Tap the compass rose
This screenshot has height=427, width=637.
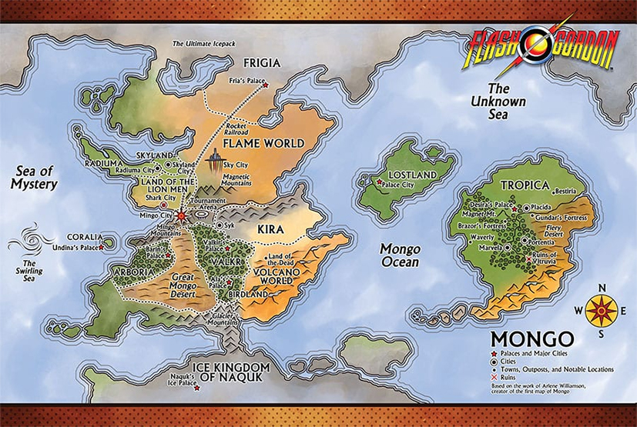pos(602,310)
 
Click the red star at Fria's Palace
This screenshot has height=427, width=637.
pos(266,85)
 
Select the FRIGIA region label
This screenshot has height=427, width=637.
pos(262,63)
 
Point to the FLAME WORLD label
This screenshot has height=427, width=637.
pos(263,143)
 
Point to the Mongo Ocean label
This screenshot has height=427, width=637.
pos(400,255)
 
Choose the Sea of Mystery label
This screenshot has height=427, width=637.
pos(34,177)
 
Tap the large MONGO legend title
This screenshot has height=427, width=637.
pos(532,339)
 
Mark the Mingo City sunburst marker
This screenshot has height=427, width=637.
pos(181,216)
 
